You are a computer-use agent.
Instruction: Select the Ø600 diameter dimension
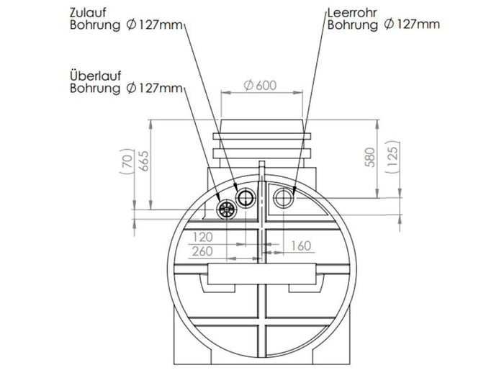pyautogui.click(x=261, y=85)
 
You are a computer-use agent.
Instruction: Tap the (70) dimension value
pyautogui.click(x=127, y=164)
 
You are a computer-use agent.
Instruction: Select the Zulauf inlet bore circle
pyautogui.click(x=246, y=197)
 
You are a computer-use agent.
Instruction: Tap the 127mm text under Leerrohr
pyautogui.click(x=418, y=25)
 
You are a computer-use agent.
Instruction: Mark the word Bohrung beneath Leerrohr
pyautogui.click(x=351, y=25)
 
